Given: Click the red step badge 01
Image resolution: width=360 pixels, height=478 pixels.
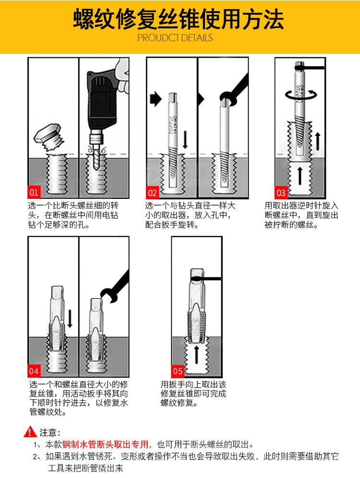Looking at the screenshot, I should click(34, 193).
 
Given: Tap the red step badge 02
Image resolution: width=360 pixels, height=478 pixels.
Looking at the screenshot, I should click(153, 193).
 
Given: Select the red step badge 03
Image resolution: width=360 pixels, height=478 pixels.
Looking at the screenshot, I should click(281, 193).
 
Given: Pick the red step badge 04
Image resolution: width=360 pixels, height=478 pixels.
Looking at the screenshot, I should click(34, 371).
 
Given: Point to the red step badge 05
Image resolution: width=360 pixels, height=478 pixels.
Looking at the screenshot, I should click(178, 371).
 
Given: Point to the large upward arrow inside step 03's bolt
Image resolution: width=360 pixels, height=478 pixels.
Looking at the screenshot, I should click(300, 176).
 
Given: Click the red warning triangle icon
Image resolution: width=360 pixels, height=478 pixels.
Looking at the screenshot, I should click(31, 432).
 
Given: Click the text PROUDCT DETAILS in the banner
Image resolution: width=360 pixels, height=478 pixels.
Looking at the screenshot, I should click(175, 37).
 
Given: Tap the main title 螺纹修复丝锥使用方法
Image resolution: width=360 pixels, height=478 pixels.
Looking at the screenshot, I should click(179, 20).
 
